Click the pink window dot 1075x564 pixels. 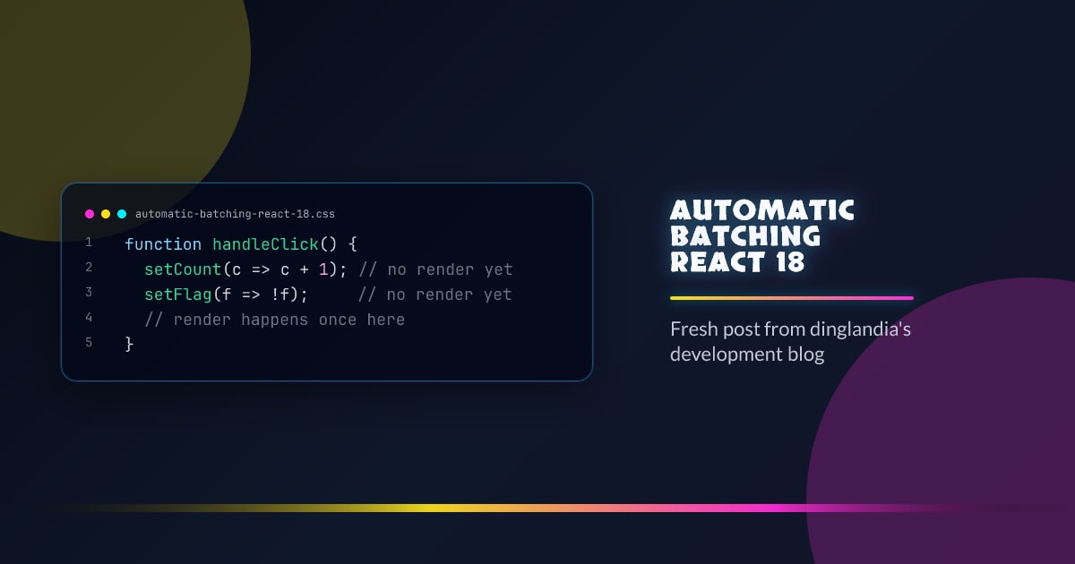click(x=90, y=214)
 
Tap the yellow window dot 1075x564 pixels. click(x=106, y=214)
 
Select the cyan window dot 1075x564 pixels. click(x=122, y=214)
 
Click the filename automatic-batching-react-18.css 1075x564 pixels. click(x=235, y=214)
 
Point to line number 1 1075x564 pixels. click(x=89, y=243)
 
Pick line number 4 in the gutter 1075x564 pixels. click(x=89, y=318)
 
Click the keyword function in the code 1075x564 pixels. click(x=163, y=244)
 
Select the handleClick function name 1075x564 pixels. click(x=265, y=244)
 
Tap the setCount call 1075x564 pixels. click(x=183, y=269)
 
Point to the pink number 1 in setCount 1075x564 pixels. click(x=323, y=269)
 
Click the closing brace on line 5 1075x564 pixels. click(x=129, y=344)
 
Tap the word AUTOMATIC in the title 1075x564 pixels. click(x=762, y=210)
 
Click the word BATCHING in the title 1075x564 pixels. click(x=745, y=236)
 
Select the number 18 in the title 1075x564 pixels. click(x=786, y=262)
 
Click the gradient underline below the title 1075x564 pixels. click(x=792, y=298)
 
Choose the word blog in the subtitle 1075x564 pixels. click(x=804, y=354)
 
